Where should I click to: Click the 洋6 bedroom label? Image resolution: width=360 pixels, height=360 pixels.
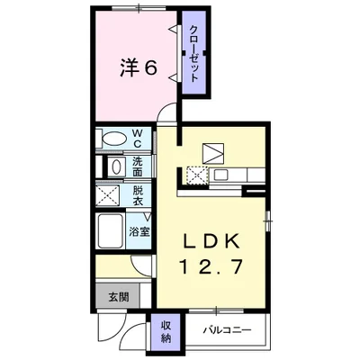[135, 68]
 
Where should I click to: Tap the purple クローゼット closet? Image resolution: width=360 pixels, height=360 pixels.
[193, 54]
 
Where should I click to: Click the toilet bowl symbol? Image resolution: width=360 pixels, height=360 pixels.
[113, 139]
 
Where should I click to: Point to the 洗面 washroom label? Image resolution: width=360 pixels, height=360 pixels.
[139, 166]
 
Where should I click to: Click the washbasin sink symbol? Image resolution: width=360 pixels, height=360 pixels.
[115, 167]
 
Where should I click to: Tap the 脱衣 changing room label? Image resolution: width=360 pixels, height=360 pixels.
[139, 195]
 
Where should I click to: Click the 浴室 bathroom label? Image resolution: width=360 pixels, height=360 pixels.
[139, 230]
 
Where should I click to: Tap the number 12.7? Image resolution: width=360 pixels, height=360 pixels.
[211, 267]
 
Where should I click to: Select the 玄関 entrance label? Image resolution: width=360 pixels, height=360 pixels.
[119, 296]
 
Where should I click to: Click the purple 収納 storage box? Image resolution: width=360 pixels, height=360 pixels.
[166, 331]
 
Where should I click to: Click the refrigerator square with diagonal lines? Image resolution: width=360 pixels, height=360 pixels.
[216, 152]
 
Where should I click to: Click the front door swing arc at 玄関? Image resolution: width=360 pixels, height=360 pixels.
[112, 328]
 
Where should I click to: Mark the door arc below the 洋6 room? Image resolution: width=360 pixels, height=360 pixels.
[167, 112]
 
